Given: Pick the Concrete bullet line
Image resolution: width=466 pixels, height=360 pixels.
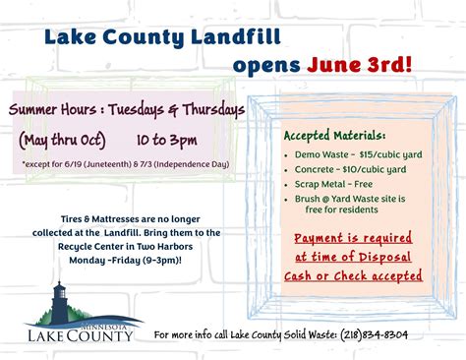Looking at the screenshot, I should point(336,169).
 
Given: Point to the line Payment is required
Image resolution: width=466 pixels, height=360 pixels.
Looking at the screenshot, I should point(353,237).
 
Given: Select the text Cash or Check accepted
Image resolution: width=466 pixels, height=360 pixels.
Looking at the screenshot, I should point(353,276).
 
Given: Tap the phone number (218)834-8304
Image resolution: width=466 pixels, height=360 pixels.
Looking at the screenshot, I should point(376,335).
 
